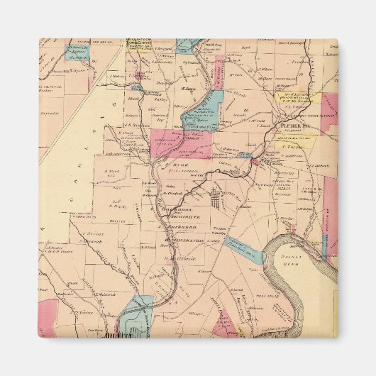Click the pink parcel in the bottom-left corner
click(x=47, y=317)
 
